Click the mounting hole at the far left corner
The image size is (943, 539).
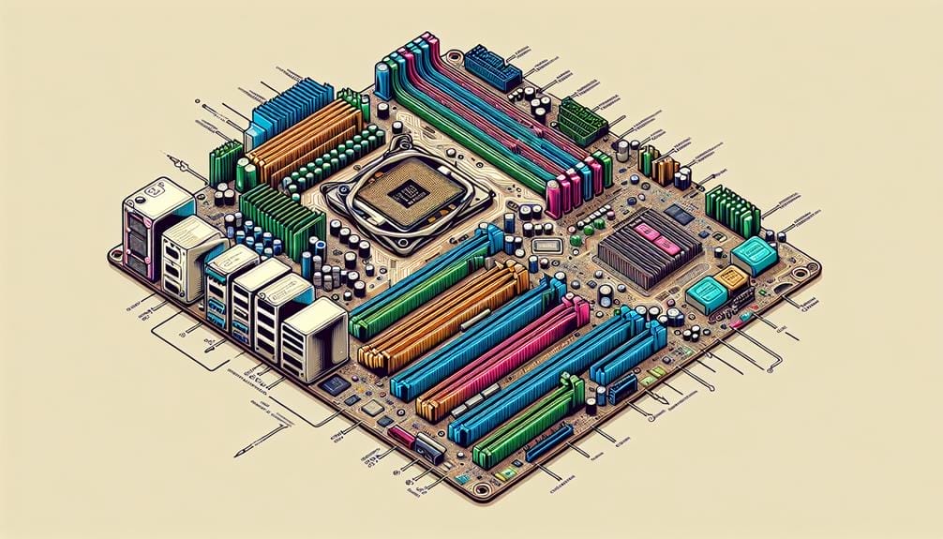point(115,253)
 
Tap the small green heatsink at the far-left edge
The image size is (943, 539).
point(225,162)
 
